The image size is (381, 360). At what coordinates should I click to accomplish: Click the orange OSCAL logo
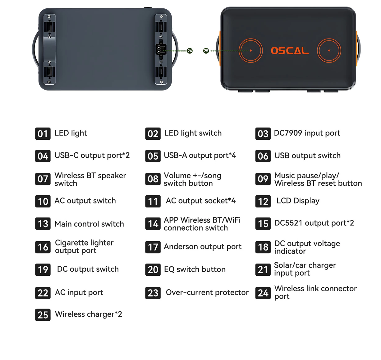point(290,51)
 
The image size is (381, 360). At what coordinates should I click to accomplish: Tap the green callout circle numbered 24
point(190,51)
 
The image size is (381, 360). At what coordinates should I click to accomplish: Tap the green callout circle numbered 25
point(206,51)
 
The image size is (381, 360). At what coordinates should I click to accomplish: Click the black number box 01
point(43,133)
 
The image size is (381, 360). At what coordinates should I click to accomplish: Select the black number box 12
point(263,201)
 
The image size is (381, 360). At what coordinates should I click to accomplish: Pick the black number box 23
point(153,293)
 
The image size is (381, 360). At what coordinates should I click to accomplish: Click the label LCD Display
point(298,201)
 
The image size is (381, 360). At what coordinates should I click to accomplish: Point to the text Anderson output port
point(203,246)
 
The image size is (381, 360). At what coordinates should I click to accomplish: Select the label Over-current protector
point(207,292)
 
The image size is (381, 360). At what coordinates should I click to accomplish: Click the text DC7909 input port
point(307,133)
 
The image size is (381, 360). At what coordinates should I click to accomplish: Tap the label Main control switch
point(89,224)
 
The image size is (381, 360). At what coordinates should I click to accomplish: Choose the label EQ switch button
point(195,269)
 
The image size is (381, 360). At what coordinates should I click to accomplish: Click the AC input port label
point(79,292)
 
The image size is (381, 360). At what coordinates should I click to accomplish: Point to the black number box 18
point(263,247)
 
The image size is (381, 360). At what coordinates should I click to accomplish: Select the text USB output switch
point(307,155)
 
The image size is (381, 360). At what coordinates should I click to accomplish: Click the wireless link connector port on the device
point(161,49)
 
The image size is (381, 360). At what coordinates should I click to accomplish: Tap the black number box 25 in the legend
point(43,315)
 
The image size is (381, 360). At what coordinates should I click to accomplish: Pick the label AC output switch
point(85,201)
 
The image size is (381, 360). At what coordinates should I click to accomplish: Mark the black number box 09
point(263,179)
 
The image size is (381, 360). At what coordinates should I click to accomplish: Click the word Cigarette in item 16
point(71,243)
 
